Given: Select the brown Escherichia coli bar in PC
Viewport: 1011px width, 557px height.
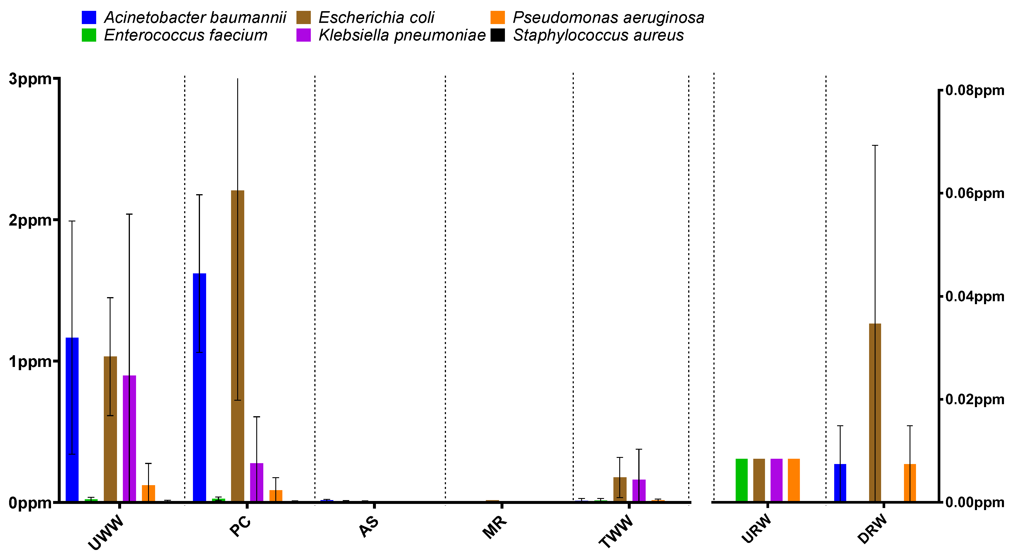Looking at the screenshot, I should tap(238, 346).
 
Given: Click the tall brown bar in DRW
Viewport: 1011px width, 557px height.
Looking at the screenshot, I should tap(875, 412).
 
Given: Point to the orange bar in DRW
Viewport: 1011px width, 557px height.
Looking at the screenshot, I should tap(910, 482).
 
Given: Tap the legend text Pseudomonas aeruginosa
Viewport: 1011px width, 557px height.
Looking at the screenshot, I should tap(608, 18).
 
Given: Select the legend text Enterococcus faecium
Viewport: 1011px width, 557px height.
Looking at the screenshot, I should tap(186, 35).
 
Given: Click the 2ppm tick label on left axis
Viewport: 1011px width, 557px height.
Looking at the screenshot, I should tap(30, 220).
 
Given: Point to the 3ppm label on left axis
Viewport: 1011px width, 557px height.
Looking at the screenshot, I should tap(30, 79).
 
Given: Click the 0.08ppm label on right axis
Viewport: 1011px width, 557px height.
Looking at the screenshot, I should tap(974, 90).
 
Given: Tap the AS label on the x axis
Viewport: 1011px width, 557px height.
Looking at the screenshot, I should tap(369, 527).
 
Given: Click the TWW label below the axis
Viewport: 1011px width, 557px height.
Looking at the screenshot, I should tap(616, 531).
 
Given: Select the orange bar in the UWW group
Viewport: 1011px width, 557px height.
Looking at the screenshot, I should tap(148, 493).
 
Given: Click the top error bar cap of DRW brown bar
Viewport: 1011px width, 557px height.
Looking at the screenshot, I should tap(875, 145).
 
